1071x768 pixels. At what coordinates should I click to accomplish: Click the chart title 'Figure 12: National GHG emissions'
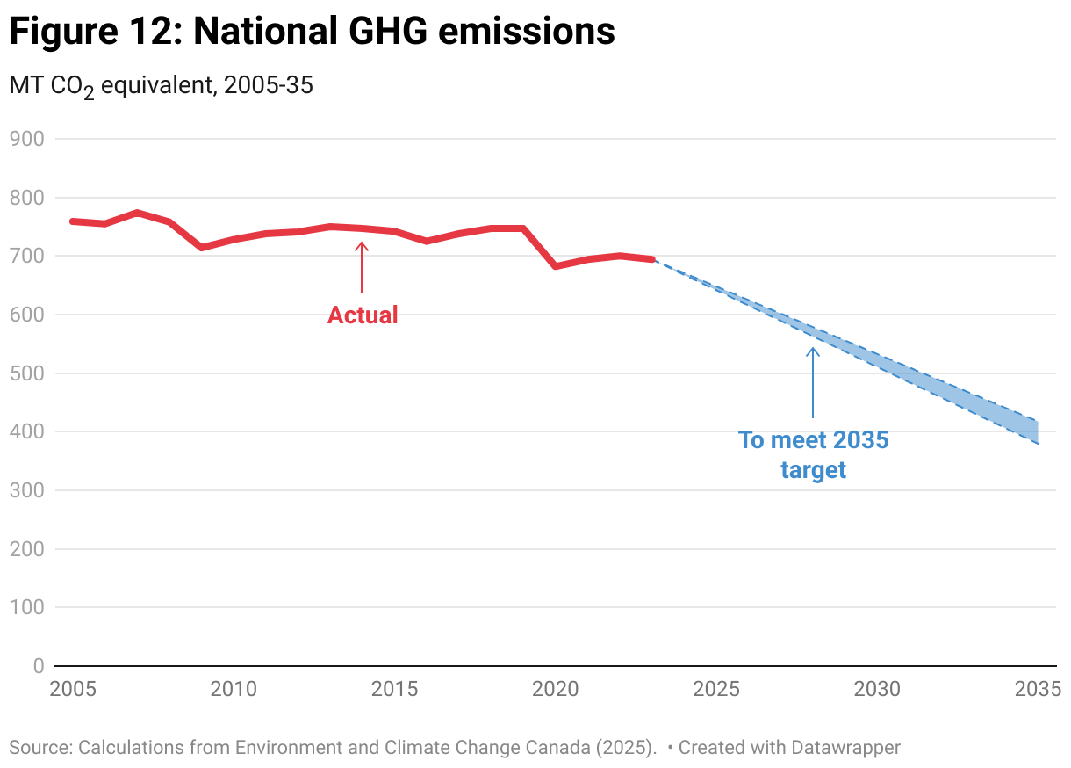pyautogui.click(x=312, y=33)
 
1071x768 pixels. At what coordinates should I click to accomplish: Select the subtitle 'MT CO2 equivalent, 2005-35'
pyautogui.click(x=161, y=86)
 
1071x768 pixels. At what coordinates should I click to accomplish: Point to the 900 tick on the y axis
pyautogui.click(x=27, y=139)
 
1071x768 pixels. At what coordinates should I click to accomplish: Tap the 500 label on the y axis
pyautogui.click(x=27, y=373)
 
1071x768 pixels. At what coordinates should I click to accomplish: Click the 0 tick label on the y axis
pyautogui.click(x=39, y=666)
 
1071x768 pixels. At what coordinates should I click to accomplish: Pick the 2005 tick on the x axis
pyautogui.click(x=71, y=688)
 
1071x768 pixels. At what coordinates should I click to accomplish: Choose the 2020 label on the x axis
pyautogui.click(x=555, y=688)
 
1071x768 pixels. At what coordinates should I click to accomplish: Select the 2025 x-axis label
pyautogui.click(x=716, y=688)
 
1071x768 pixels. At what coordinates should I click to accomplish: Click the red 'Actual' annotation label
pyautogui.click(x=363, y=315)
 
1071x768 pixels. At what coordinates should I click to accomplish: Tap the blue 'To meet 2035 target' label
pyautogui.click(x=813, y=454)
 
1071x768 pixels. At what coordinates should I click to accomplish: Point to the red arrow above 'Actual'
pyautogui.click(x=361, y=266)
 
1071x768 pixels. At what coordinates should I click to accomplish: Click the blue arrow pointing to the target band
pyautogui.click(x=813, y=382)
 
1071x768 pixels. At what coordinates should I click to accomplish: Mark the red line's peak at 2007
pyautogui.click(x=137, y=213)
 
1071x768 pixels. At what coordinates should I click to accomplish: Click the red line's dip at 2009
pyautogui.click(x=201, y=248)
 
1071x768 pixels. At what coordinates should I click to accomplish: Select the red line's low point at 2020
pyautogui.click(x=555, y=265)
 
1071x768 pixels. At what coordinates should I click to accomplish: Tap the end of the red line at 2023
pyautogui.click(x=651, y=259)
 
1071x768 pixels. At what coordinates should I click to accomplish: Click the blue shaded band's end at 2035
pyautogui.click(x=1036, y=431)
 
